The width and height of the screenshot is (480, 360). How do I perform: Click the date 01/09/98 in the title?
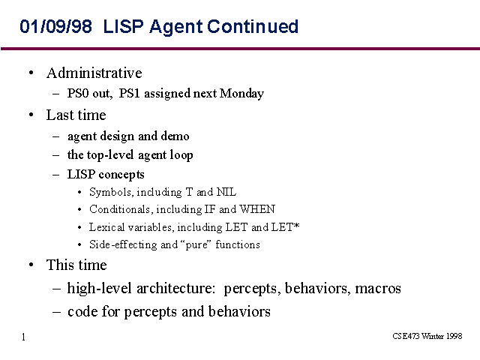pyautogui.click(x=55, y=26)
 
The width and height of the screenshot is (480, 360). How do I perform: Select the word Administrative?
pyautogui.click(x=94, y=73)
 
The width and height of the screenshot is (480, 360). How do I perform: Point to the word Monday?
pyautogui.click(x=241, y=94)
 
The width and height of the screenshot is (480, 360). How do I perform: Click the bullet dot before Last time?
pyautogui.click(x=31, y=115)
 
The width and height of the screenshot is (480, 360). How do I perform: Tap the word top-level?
pyautogui.click(x=110, y=155)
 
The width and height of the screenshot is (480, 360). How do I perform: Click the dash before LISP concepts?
pyautogui.click(x=55, y=175)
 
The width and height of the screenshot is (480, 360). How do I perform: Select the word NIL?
pyautogui.click(x=226, y=192)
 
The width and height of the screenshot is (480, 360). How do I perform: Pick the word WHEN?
pyautogui.click(x=257, y=209)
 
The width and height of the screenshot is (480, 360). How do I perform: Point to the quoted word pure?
pyautogui.click(x=196, y=245)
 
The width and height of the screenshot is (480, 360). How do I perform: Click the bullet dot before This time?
pyautogui.click(x=31, y=265)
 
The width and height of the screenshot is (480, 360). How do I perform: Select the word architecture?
pyautogui.click(x=176, y=288)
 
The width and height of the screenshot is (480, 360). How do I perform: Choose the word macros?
pyautogui.click(x=378, y=289)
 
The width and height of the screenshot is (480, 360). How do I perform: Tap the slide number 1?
pyautogui.click(x=23, y=337)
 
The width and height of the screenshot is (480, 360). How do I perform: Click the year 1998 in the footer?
pyautogui.click(x=454, y=336)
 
